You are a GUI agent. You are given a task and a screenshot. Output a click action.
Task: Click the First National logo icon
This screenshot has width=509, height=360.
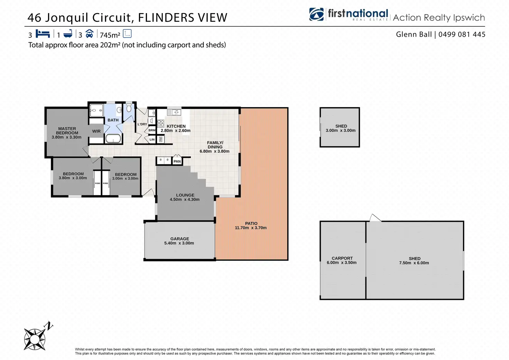point(317,15)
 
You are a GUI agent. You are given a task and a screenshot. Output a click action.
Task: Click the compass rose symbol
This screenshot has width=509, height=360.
point(35,338)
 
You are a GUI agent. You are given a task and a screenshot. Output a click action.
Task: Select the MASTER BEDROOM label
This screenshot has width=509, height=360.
point(67,131)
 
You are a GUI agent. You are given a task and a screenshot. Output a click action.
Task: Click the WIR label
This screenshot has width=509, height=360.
point(96,131)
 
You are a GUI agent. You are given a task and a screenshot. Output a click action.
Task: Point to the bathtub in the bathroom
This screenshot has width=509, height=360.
point(113,139)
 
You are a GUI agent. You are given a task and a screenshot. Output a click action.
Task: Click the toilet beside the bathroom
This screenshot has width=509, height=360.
point(129,108)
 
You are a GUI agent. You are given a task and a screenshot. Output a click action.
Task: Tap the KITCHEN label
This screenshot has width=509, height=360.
point(176,126)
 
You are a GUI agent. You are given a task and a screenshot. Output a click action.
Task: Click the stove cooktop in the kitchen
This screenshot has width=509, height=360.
point(160,123)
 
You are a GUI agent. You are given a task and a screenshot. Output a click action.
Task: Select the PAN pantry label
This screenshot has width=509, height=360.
point(177,161)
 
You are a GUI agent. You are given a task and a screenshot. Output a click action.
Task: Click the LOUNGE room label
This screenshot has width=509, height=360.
point(185,195)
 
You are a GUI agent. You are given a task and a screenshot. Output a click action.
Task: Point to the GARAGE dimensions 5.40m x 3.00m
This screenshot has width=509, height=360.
point(179,243)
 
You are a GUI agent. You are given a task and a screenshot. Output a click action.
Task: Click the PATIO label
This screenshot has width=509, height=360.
point(251,223)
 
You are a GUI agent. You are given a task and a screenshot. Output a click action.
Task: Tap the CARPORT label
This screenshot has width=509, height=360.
point(342,258)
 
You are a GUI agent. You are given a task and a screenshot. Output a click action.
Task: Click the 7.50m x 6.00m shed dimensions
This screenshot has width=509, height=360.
point(414,263)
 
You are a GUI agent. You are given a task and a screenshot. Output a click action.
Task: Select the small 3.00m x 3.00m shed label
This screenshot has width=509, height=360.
point(341,128)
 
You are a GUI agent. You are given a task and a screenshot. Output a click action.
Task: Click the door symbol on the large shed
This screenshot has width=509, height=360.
point(375,218)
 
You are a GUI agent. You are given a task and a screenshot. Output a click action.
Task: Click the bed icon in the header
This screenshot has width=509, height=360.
point(43,34)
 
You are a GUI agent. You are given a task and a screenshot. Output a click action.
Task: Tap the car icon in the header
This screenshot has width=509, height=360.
point(89,34)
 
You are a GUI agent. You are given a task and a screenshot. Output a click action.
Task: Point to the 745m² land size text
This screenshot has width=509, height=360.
point(110,35)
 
